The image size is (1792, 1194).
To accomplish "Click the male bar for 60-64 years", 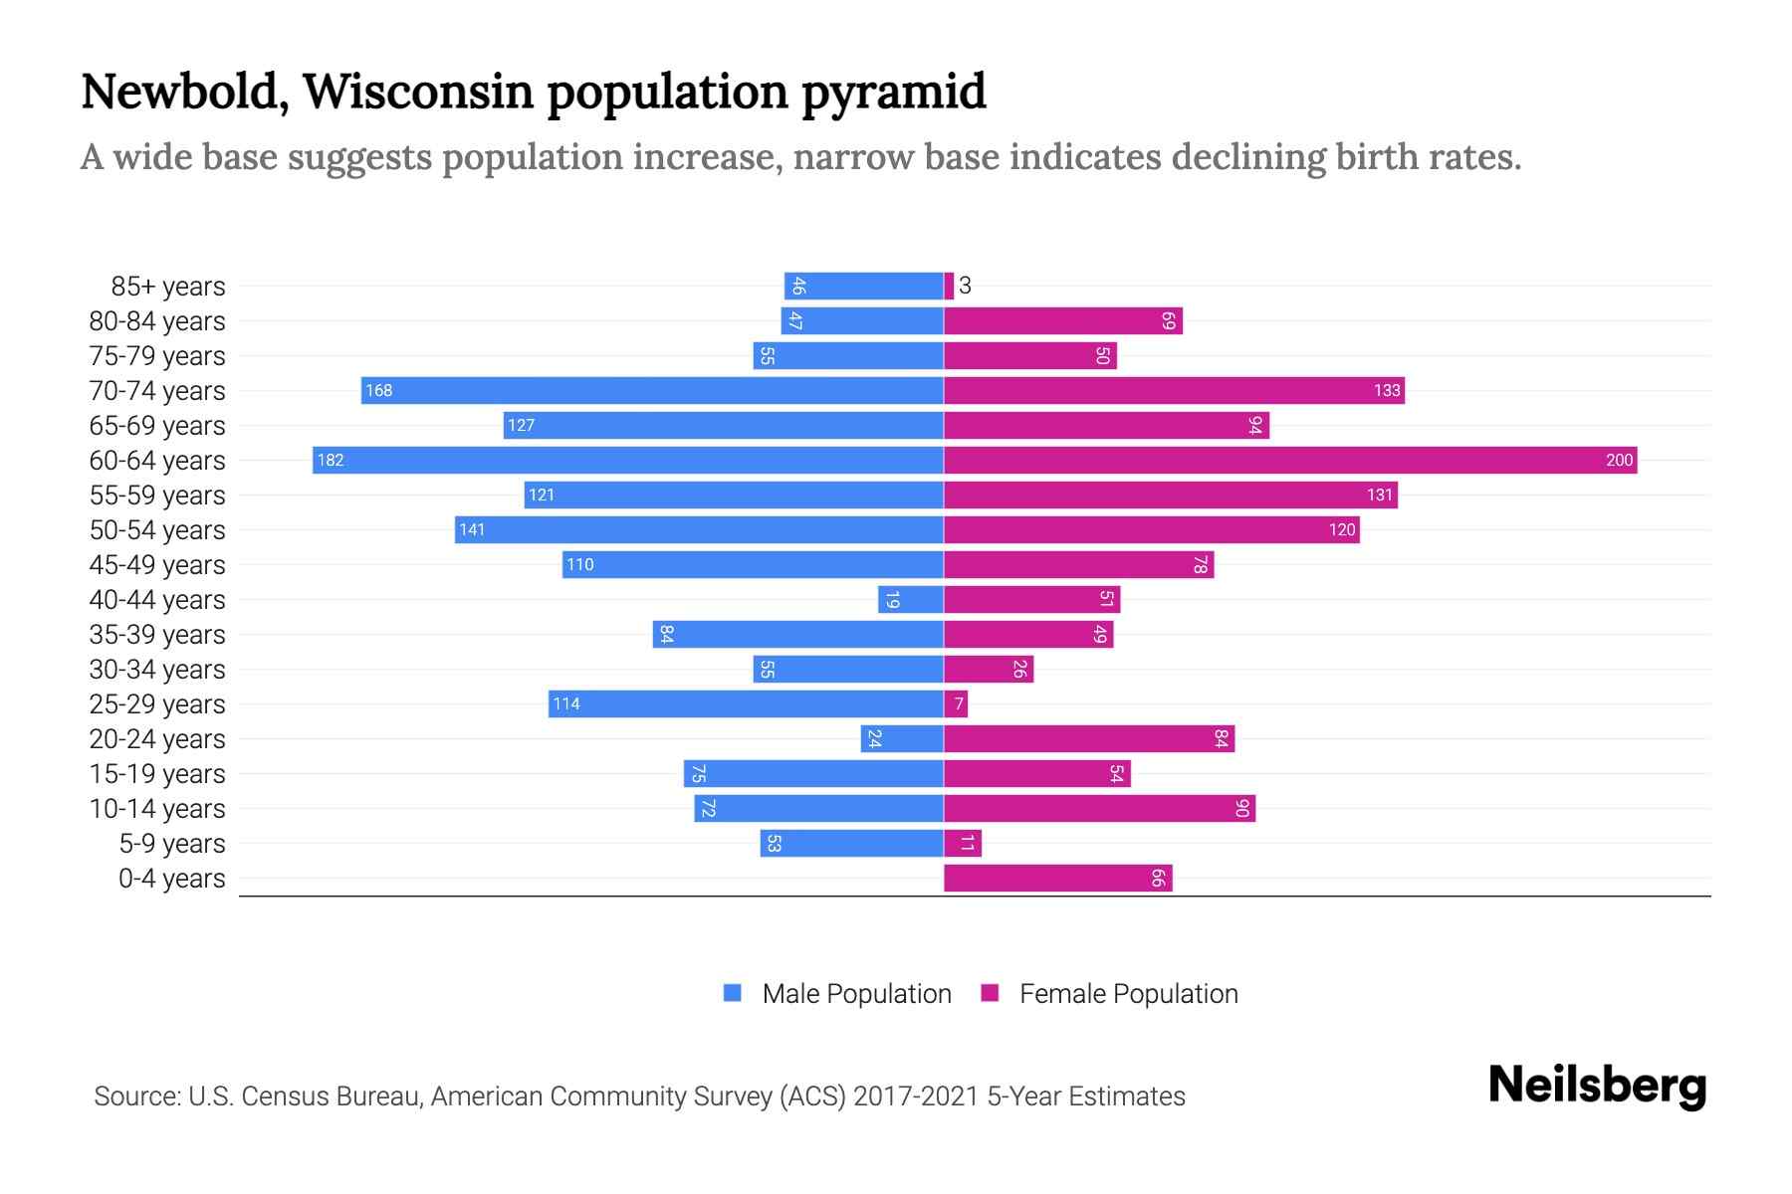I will click(x=627, y=460).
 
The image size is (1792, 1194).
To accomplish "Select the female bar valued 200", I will click(x=1289, y=460).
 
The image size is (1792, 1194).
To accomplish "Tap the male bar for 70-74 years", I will click(x=652, y=390).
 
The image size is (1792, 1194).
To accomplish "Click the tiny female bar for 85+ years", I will click(x=949, y=286).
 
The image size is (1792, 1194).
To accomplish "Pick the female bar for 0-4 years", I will click(x=1057, y=878).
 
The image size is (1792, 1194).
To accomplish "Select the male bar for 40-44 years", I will click(x=910, y=599).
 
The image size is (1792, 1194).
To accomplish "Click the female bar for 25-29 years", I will click(x=956, y=703).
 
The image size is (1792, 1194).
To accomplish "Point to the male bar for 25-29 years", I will click(x=746, y=703).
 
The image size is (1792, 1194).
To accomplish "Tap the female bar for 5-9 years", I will click(x=963, y=843).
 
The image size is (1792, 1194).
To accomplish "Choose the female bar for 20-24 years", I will click(x=1089, y=738).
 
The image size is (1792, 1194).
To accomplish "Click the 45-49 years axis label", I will click(x=157, y=565).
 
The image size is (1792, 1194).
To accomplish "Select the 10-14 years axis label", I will click(x=157, y=809).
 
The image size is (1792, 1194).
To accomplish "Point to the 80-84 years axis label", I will click(x=157, y=321).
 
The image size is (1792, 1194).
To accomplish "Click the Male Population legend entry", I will click(x=855, y=993).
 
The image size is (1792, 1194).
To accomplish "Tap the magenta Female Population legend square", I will click(x=990, y=993).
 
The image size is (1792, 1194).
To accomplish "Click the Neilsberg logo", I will click(x=1597, y=1086).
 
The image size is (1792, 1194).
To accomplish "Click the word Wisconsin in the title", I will click(x=418, y=92).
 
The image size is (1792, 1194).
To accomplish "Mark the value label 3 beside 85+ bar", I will click(x=965, y=287).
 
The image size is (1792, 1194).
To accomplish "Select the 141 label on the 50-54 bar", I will click(x=472, y=529).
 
